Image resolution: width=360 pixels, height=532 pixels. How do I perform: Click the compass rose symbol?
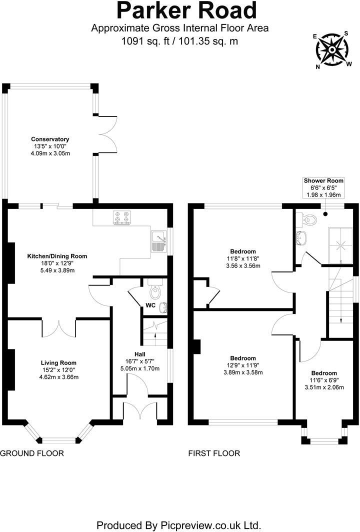[331, 50]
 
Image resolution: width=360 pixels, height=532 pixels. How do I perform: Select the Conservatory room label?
[50, 139]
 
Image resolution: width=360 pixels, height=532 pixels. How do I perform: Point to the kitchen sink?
[159, 241]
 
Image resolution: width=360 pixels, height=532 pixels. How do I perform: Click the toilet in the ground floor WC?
[154, 289]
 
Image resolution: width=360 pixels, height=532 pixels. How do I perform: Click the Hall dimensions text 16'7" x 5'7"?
[142, 361]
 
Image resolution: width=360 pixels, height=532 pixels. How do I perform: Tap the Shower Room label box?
[324, 187]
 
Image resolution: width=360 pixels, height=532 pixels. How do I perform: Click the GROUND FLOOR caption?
[32, 453]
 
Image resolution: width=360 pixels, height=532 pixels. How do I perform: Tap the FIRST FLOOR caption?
[214, 453]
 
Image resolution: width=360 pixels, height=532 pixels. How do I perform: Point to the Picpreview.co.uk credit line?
[179, 525]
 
